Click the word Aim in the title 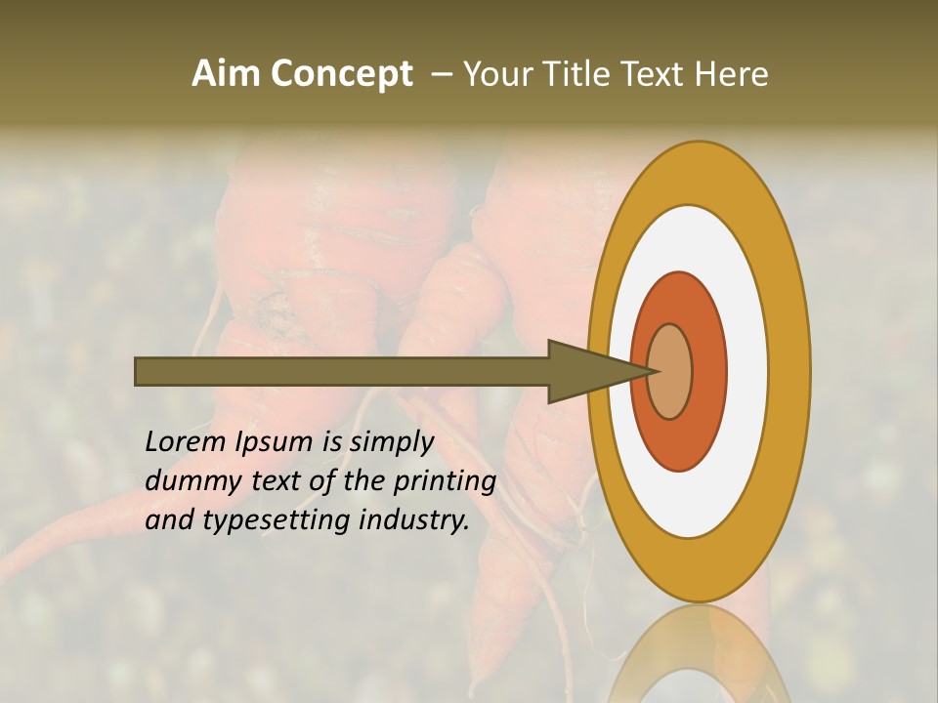click(227, 74)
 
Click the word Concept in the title click(342, 74)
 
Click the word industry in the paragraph click(414, 520)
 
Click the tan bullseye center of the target click(670, 371)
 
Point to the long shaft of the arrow click(342, 371)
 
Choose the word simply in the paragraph click(391, 441)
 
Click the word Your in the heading click(499, 74)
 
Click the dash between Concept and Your click(441, 74)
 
